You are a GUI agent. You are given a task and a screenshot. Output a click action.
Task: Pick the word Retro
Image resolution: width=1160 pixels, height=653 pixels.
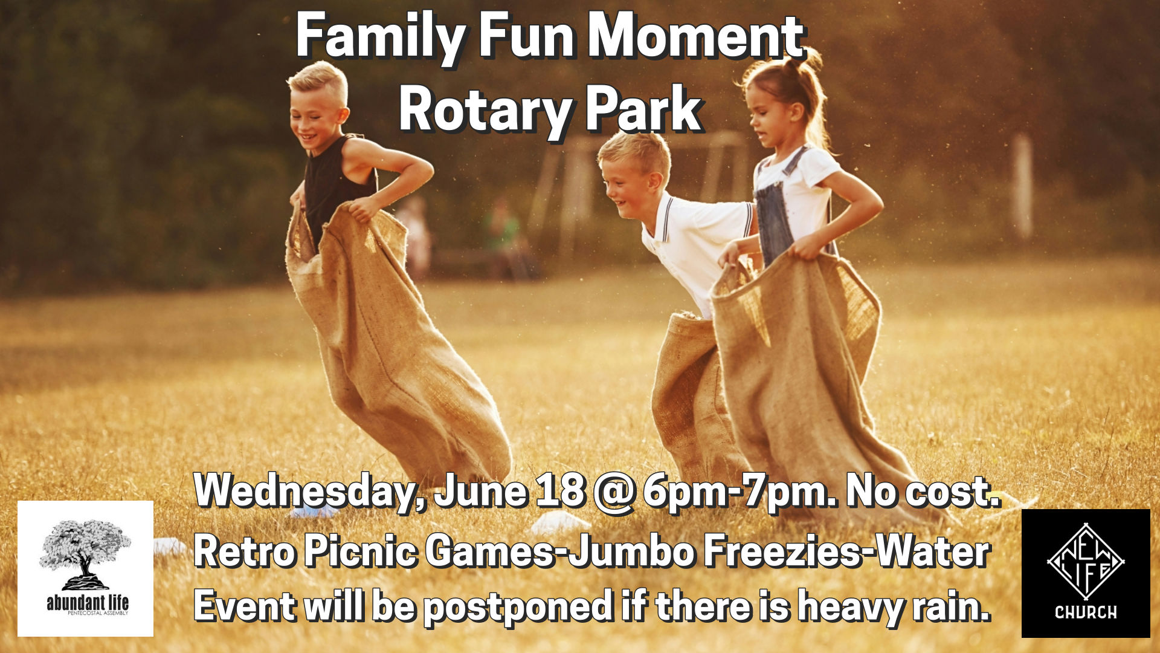(x=245, y=551)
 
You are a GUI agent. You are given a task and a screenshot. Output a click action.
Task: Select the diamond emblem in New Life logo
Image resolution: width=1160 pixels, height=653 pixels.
(x=1086, y=561)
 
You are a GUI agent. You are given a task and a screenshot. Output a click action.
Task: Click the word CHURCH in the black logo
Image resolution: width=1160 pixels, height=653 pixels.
(x=1086, y=612)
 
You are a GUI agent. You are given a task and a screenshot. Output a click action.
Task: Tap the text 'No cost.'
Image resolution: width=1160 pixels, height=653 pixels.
(x=923, y=491)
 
